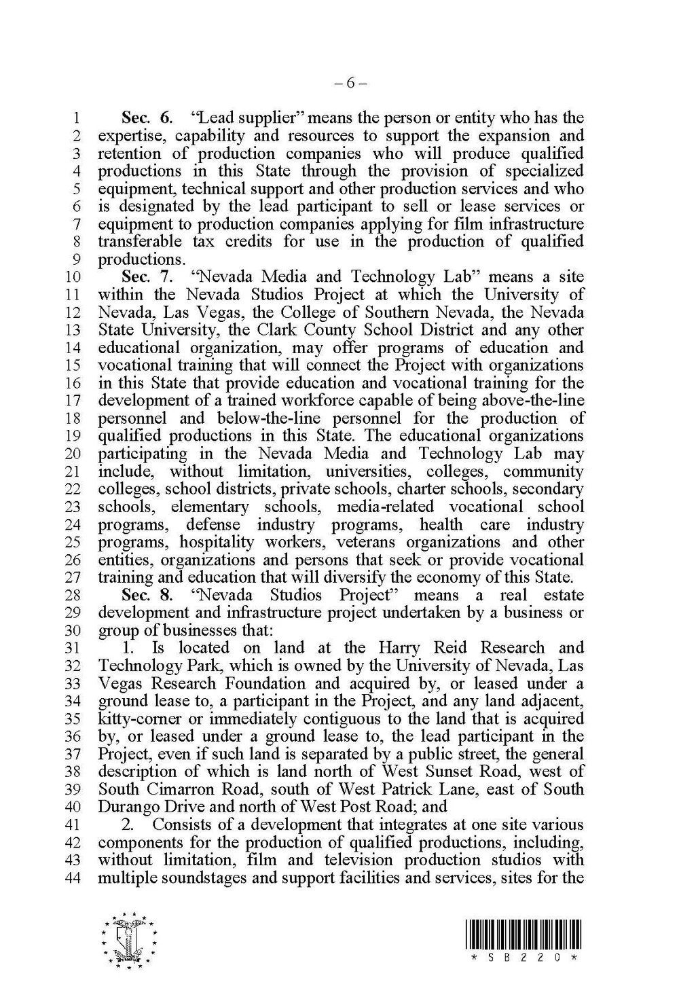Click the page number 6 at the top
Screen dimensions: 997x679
tap(350, 84)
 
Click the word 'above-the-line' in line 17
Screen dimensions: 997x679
tap(530, 401)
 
